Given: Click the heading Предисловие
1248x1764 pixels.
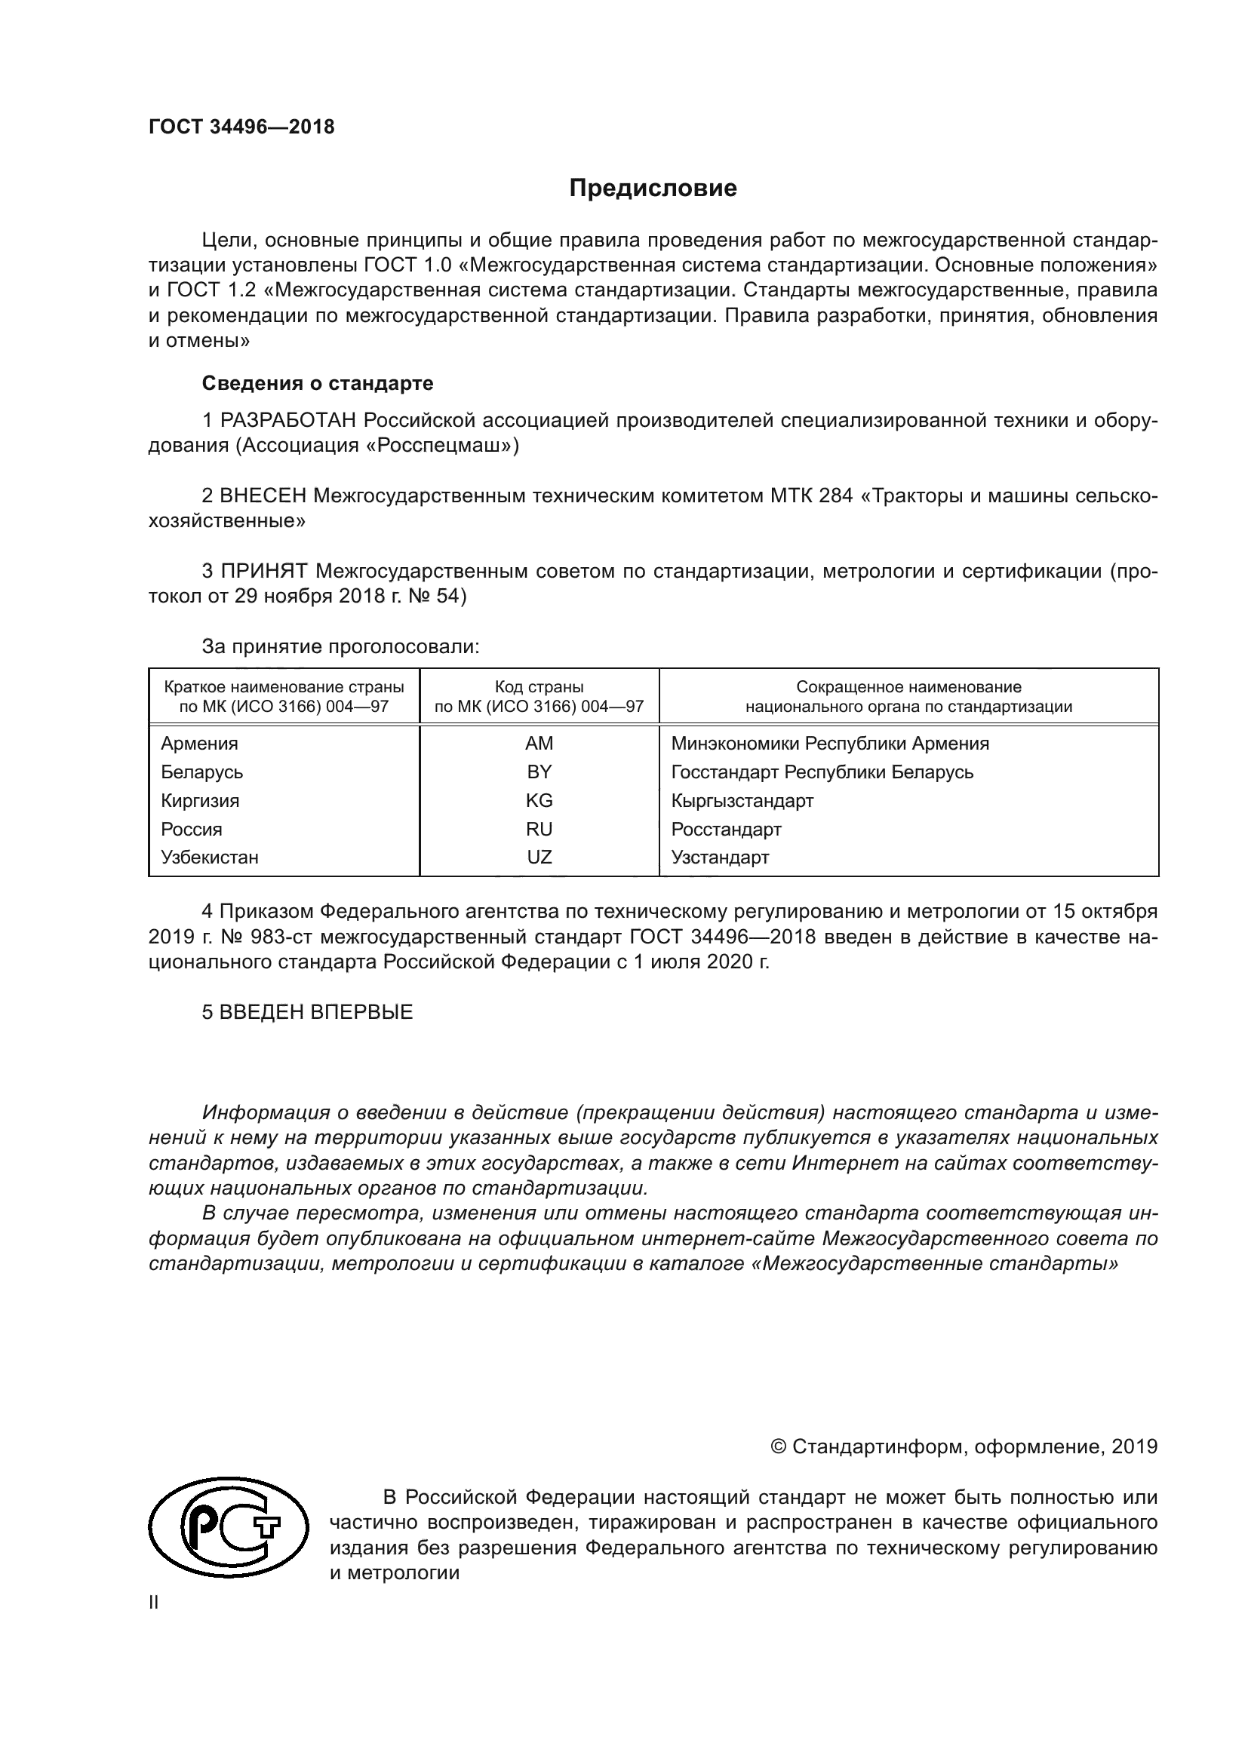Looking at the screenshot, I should point(653,189).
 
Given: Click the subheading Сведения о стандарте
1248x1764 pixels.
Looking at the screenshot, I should point(318,382).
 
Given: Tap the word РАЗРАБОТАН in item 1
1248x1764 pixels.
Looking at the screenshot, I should point(288,420).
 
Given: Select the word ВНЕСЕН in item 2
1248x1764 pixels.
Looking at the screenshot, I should point(263,495).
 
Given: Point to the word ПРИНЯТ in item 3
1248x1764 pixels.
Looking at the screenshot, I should point(263,571).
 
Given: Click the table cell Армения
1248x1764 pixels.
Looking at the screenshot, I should point(199,744).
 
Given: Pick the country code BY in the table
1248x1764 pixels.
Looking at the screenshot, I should point(539,772).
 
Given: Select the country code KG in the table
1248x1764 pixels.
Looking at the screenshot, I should point(539,801).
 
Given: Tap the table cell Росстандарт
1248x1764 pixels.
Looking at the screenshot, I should point(725,830).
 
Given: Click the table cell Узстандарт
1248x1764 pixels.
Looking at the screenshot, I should point(719,857).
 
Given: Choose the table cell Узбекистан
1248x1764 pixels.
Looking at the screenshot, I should point(209,857).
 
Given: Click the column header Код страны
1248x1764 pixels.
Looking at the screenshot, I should point(539,687).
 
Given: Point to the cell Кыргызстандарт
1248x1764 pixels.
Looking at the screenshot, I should point(742,801).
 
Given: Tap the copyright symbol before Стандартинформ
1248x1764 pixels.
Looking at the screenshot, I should point(778,1446).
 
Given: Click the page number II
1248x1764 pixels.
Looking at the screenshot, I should point(154,1603).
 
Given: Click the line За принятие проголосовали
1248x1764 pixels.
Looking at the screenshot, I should point(340,646).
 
